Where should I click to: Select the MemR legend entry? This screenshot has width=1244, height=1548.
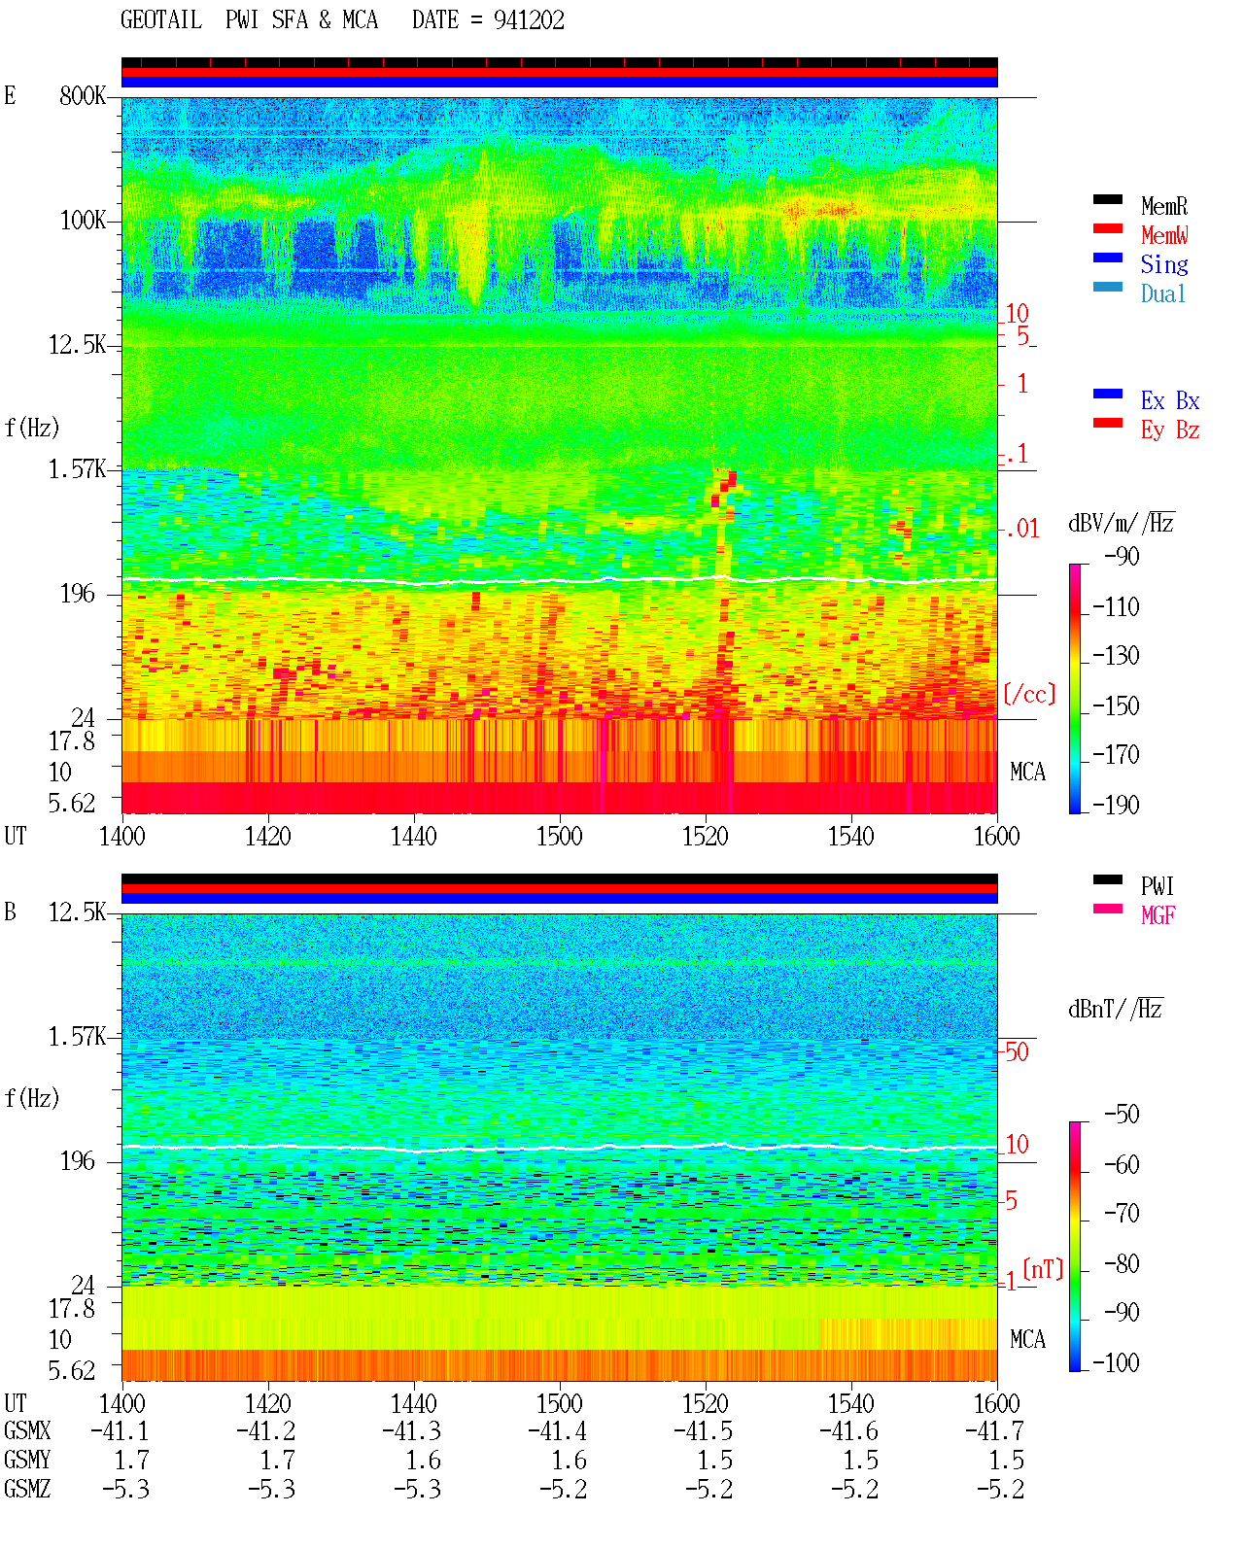(1164, 206)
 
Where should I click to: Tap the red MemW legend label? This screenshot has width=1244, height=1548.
(1164, 235)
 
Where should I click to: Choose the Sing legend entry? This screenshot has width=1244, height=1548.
(1164, 264)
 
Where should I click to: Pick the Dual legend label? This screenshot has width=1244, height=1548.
(1163, 293)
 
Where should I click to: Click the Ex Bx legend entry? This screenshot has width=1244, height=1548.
(1170, 400)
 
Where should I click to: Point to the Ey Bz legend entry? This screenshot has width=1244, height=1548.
(1170, 430)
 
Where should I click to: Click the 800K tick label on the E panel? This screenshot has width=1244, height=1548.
(83, 95)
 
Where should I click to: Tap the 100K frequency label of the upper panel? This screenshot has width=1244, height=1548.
(83, 221)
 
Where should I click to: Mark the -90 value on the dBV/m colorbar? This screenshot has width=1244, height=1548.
(1122, 556)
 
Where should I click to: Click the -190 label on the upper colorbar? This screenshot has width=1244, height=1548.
(1116, 805)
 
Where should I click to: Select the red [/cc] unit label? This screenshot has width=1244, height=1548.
(1029, 694)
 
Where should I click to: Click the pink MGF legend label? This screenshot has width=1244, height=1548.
(1158, 915)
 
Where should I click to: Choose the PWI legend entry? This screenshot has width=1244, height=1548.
(1158, 885)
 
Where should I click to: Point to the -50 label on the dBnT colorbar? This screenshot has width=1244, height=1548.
(1122, 1115)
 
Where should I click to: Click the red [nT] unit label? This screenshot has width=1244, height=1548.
(1043, 1269)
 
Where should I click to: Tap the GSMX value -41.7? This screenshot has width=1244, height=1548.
(994, 1431)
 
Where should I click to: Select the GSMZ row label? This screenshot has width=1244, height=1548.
(27, 1489)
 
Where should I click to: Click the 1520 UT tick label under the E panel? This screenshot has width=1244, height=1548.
(706, 836)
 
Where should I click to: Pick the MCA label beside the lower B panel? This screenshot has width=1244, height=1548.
(1027, 1339)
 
